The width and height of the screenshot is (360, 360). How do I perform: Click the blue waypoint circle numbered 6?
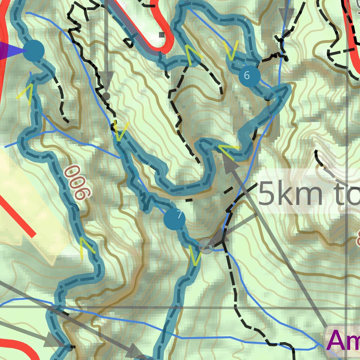pos(249,75)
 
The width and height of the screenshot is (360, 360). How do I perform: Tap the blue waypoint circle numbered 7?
pos(174,219)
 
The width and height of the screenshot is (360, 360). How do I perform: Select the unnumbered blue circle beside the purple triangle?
pos(33,51)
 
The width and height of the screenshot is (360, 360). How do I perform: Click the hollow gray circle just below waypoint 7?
pos(206,245)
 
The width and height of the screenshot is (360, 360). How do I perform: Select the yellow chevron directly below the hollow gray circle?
pos(195,256)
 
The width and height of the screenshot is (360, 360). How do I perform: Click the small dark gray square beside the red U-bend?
pos(161,34)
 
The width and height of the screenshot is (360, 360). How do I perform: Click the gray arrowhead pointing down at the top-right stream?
pos(287,16)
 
